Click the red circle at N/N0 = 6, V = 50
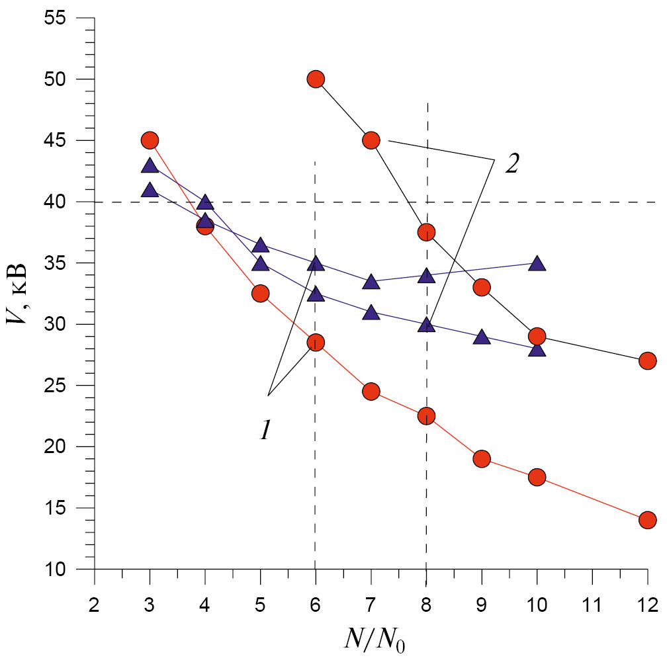[316, 79]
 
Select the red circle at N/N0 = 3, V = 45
[150, 140]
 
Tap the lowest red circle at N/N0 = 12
[647, 520]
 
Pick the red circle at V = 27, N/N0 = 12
[647, 360]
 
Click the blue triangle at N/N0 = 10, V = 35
[537, 264]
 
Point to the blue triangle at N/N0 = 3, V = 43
[150, 165]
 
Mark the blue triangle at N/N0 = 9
[482, 337]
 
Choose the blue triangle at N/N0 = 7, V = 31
[371, 313]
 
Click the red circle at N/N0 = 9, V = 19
[482, 458]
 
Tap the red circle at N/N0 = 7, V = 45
[371, 140]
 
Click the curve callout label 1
[265, 431]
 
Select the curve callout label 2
[511, 163]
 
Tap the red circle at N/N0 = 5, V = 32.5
[260, 294]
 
